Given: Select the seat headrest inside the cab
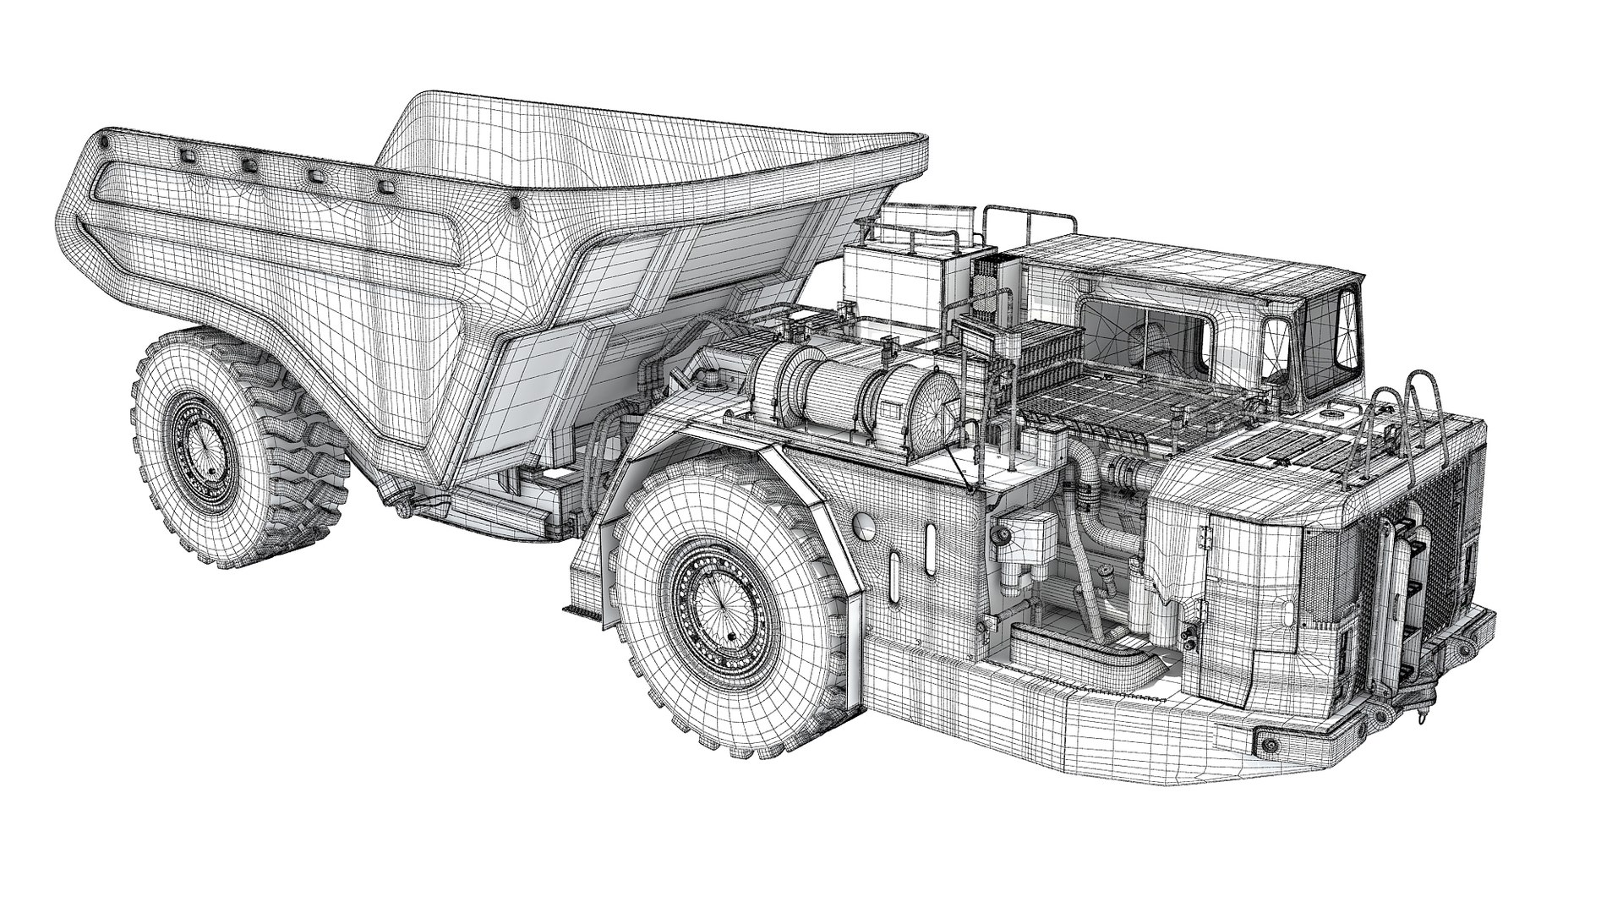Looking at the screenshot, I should [1155, 338].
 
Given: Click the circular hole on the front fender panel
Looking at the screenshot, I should [865, 526].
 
